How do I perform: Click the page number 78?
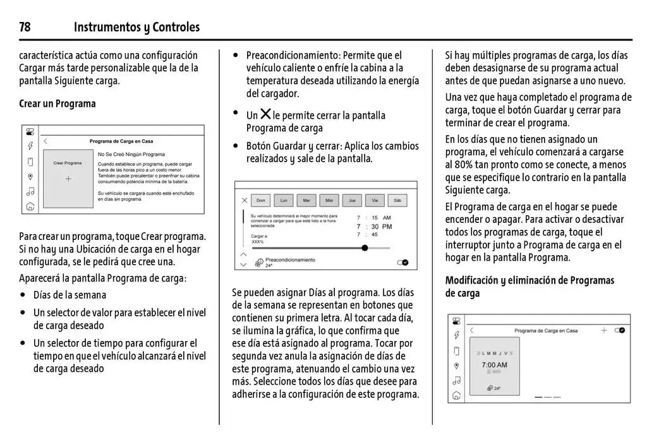(25, 27)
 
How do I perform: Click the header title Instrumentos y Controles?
(136, 27)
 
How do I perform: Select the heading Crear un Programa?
(58, 104)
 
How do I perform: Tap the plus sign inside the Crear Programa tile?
(68, 179)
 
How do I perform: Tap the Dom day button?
(260, 201)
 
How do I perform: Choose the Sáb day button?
(397, 201)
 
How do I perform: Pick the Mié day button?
(329, 201)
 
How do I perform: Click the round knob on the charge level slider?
(365, 248)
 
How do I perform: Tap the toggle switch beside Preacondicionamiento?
(403, 262)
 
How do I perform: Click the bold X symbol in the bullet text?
(265, 114)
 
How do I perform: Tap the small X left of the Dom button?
(244, 201)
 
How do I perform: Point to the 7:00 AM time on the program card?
(494, 365)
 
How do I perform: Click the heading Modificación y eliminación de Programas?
(530, 280)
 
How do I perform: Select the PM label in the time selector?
(387, 226)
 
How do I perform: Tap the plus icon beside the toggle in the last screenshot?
(604, 330)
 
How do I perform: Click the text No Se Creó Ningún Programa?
(131, 154)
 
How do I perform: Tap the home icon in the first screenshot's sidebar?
(30, 206)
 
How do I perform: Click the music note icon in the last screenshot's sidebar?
(456, 380)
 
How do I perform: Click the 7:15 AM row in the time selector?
(374, 217)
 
